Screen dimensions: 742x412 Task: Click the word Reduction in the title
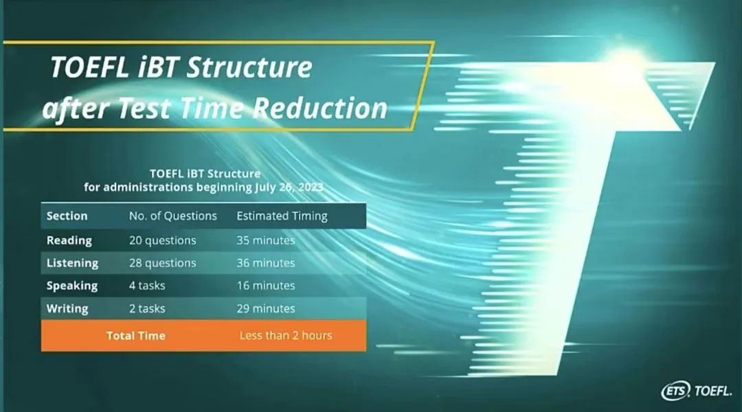point(320,108)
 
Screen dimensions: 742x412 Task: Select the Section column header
point(67,216)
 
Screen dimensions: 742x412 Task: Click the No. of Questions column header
point(172,216)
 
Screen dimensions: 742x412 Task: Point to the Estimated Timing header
point(282,216)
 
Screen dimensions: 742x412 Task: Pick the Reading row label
point(69,240)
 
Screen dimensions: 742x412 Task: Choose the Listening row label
point(72,263)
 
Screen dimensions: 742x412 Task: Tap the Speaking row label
point(72,286)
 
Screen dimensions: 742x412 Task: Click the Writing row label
point(67,308)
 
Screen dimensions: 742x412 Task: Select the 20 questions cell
point(162,240)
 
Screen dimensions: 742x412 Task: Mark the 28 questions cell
point(162,263)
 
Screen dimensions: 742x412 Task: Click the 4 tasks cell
point(147,286)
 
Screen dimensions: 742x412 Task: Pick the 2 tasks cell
point(147,308)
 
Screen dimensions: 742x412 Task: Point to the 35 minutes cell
point(265,240)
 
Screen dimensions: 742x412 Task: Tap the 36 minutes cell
point(265,263)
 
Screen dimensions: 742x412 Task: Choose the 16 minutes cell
point(265,286)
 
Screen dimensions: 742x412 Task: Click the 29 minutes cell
point(265,308)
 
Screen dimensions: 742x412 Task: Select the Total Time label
point(136,335)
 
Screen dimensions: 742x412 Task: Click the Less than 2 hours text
point(285,335)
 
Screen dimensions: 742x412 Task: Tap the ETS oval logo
point(675,391)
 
